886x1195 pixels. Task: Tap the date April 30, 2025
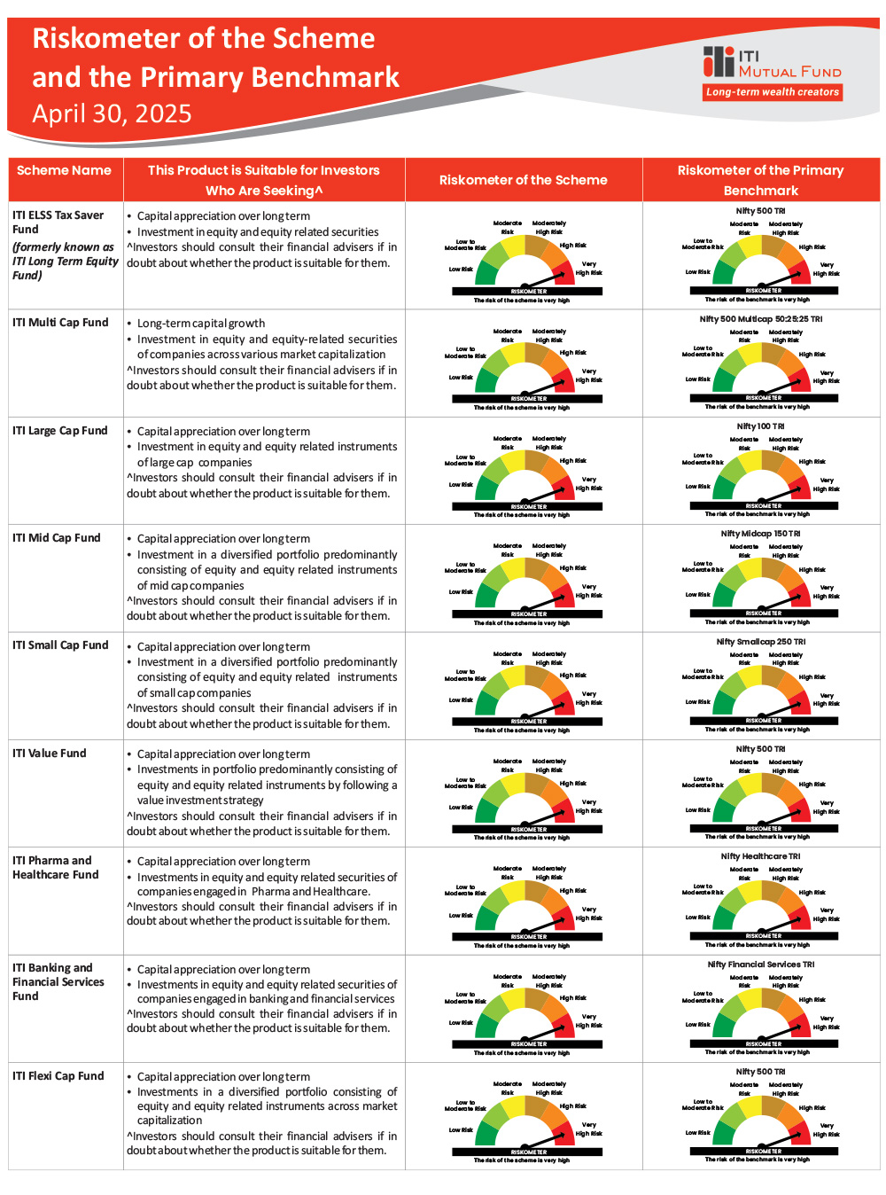coord(112,114)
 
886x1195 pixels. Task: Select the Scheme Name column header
coord(64,170)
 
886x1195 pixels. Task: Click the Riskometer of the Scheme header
coord(523,180)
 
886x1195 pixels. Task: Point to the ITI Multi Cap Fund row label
coord(60,323)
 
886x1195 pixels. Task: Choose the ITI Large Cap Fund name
coord(60,431)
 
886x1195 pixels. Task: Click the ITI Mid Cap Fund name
coord(57,538)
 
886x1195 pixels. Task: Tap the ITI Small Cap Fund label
coord(60,645)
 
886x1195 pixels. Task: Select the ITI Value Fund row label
coord(50,754)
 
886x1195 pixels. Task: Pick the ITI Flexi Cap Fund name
coord(58,1076)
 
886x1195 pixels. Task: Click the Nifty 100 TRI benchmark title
coord(760,426)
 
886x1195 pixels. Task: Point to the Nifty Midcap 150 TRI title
coord(760,534)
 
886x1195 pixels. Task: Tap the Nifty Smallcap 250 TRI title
coord(760,642)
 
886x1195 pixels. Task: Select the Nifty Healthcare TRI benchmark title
coord(760,856)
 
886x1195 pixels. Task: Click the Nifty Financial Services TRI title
coord(760,965)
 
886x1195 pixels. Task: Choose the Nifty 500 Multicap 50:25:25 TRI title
coord(760,319)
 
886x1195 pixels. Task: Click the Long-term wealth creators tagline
coord(772,92)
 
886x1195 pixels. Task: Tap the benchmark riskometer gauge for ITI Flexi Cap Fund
coord(763,1121)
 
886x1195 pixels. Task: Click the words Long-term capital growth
coord(201,324)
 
